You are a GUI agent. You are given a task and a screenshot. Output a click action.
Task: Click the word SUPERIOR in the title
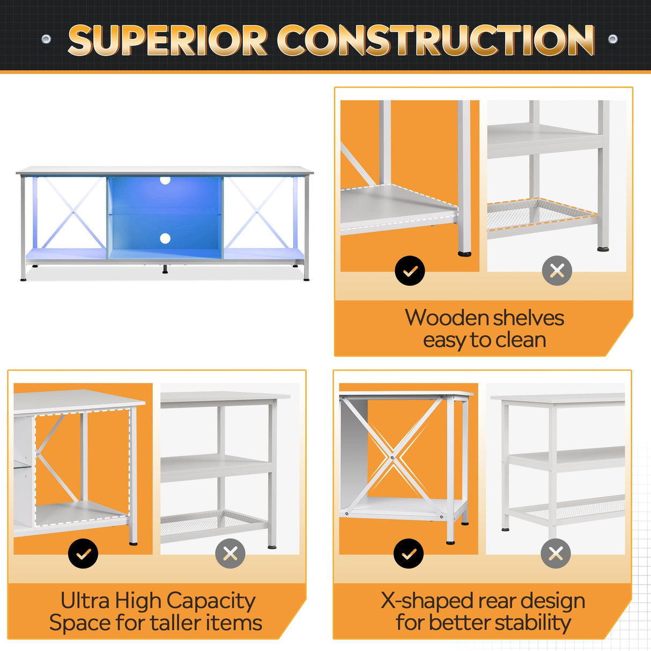[167, 41]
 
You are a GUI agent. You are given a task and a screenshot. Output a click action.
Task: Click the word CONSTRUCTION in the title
[435, 41]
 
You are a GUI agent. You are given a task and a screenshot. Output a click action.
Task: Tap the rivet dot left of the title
[46, 39]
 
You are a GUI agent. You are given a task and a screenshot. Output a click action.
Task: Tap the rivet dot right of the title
[612, 39]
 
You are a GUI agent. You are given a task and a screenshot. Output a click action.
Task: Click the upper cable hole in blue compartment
[165, 180]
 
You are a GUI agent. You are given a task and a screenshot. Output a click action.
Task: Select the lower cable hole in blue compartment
[165, 239]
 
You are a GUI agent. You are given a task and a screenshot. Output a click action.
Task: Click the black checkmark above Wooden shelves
[410, 271]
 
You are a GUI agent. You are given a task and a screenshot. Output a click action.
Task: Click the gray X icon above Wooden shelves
[557, 271]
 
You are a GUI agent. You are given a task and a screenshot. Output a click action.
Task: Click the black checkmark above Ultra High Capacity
[83, 553]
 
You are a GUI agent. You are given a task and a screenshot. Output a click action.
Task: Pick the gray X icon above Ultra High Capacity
[230, 553]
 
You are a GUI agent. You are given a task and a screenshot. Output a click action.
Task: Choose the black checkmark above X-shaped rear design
[409, 553]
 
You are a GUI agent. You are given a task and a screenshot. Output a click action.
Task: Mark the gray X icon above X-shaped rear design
[556, 553]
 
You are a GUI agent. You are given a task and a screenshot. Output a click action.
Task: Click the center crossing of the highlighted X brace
[393, 457]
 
